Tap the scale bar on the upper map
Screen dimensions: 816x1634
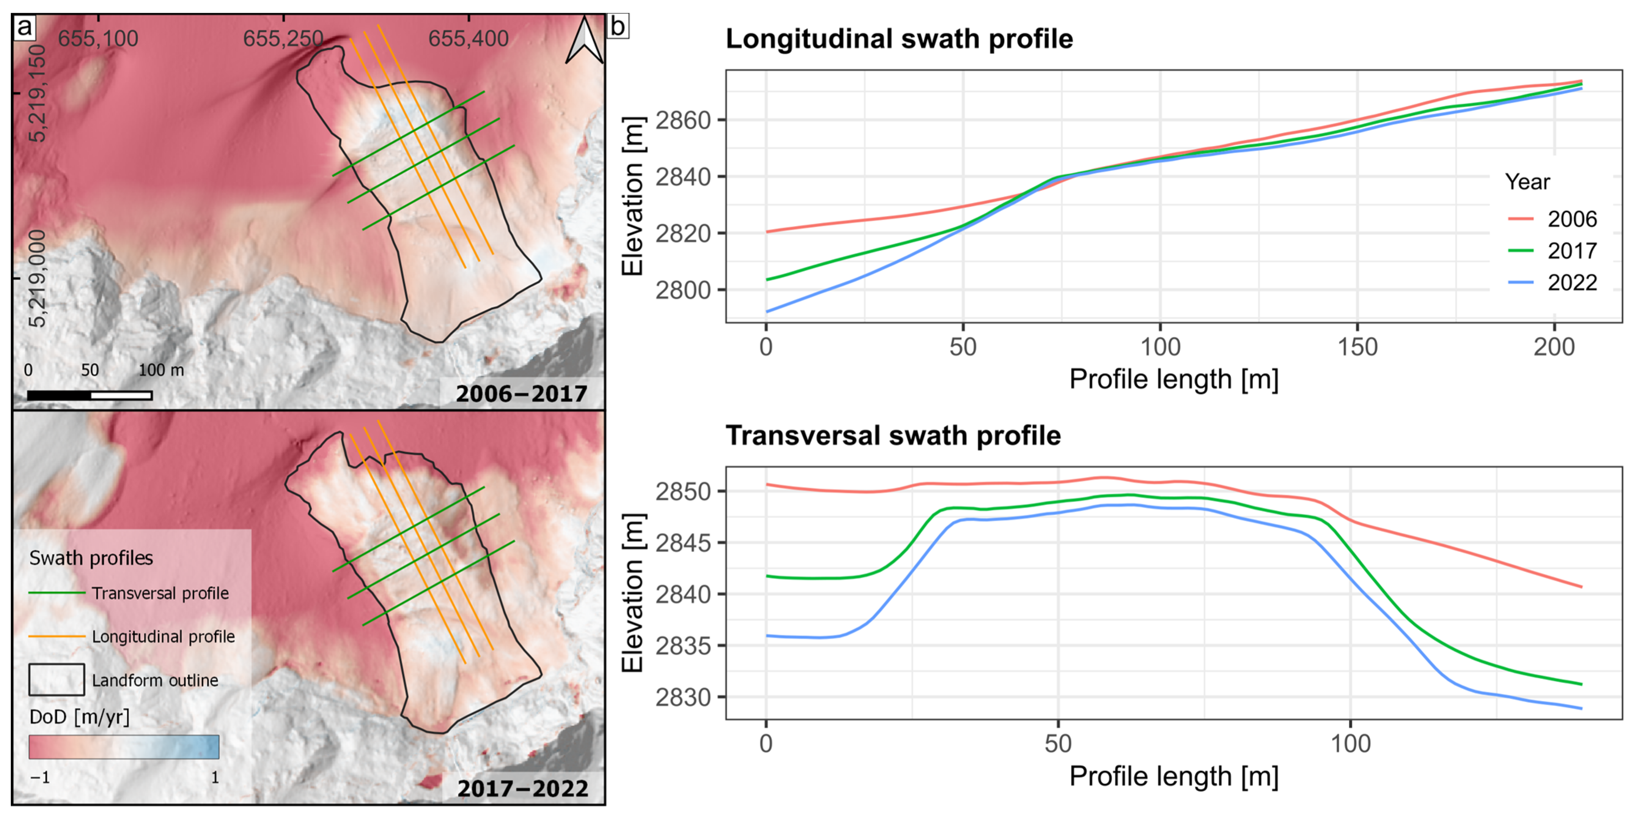click(x=89, y=395)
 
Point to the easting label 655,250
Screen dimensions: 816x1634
click(x=283, y=39)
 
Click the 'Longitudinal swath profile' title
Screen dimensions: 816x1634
click(x=899, y=39)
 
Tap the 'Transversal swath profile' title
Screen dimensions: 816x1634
click(x=893, y=436)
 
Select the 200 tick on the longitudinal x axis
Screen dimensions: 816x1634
click(x=1554, y=347)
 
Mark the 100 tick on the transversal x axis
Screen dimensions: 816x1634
click(x=1350, y=743)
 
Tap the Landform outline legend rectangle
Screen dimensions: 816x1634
click(x=57, y=680)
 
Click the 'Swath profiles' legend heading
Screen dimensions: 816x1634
click(x=91, y=558)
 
